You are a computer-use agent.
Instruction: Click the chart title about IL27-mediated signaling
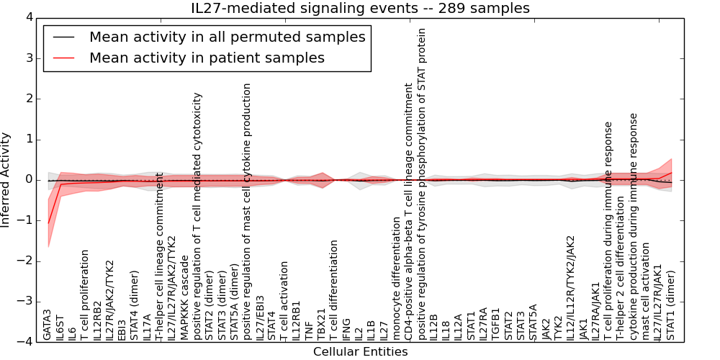360,8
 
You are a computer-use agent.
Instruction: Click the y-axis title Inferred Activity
6,180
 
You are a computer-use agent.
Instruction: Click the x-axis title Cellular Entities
360,352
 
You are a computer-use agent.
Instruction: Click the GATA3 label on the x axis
48,324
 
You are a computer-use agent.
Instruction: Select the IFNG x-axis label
347,328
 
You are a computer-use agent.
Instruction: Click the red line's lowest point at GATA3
48,223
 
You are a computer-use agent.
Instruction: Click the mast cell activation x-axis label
646,295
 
